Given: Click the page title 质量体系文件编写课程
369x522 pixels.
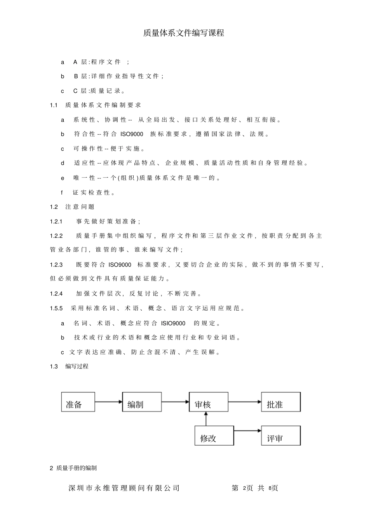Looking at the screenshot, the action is [x=183, y=33].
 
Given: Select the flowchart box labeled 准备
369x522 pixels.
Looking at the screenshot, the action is [x=78, y=402].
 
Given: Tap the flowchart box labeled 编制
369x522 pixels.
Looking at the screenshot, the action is [x=142, y=402].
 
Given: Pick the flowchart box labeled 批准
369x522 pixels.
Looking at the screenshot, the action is [x=281, y=402].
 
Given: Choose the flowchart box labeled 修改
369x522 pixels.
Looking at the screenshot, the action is [x=214, y=436].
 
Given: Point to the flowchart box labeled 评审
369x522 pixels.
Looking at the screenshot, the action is [x=281, y=436].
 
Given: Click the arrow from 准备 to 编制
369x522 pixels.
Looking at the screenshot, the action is [x=108, y=402].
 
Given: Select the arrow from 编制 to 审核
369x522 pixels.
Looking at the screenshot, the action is [x=175, y=402].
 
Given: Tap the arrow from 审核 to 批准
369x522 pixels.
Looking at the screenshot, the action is [x=245, y=402].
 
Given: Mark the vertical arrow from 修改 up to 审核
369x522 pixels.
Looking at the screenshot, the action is [x=206, y=419].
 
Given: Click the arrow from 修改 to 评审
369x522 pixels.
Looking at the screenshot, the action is [x=247, y=430].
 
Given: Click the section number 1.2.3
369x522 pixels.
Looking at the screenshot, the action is [x=56, y=265].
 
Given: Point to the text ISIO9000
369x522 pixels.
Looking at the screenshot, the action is [x=173, y=323].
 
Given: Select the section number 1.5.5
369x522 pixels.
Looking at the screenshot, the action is [x=56, y=308].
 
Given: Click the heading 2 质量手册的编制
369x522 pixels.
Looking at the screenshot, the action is [x=73, y=468].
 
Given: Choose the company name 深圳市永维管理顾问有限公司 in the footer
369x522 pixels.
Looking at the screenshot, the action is [x=124, y=488].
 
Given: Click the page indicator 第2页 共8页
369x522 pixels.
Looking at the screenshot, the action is [x=255, y=488].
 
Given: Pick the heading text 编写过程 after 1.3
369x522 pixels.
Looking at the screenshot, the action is [x=77, y=366].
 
